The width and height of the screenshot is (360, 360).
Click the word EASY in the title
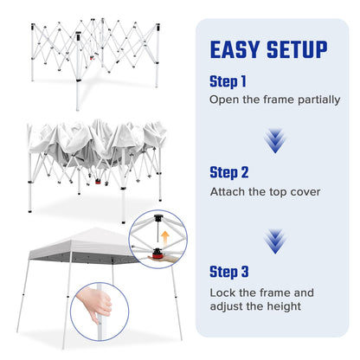pyautogui.click(x=235, y=49)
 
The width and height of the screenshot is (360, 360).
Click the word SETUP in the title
pyautogui.click(x=297, y=49)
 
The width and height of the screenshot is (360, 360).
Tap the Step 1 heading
pyautogui.click(x=228, y=81)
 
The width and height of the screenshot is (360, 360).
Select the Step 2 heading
pyautogui.click(x=229, y=173)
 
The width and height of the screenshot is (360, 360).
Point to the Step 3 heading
pyautogui.click(x=229, y=272)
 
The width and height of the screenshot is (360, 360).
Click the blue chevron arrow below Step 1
pyautogui.click(x=275, y=141)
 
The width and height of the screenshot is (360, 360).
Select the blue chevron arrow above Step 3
pyautogui.click(x=275, y=241)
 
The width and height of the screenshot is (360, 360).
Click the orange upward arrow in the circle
pyautogui.click(x=165, y=237)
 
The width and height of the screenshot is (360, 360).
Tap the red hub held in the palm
pyautogui.click(x=157, y=254)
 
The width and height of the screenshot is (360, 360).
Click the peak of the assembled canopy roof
pyautogui.click(x=94, y=228)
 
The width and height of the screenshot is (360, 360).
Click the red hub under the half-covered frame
pyautogui.click(x=98, y=182)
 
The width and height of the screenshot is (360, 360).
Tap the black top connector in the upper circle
pyautogui.click(x=158, y=218)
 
